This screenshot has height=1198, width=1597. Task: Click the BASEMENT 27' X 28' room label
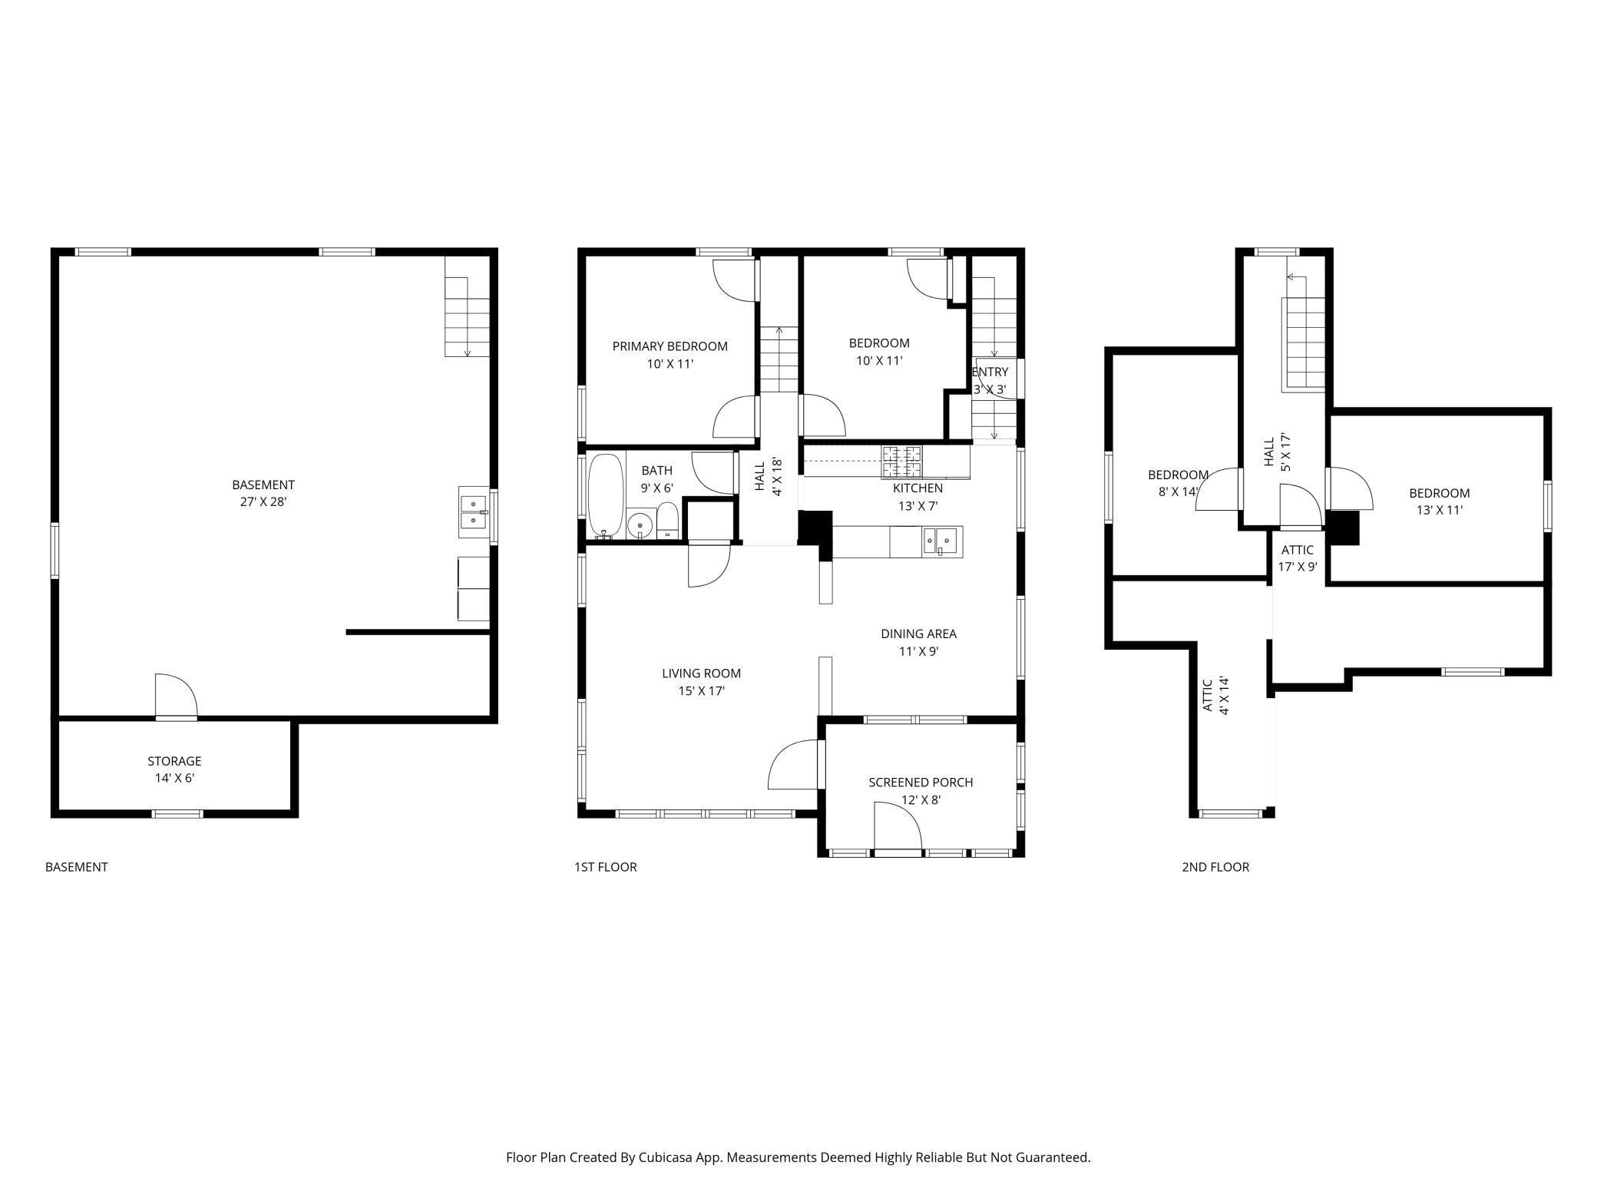(263, 493)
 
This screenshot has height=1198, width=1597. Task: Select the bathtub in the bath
(606, 496)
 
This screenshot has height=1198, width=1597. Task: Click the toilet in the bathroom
(668, 521)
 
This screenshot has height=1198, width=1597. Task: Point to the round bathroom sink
(639, 526)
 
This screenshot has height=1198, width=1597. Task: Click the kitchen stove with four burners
(901, 462)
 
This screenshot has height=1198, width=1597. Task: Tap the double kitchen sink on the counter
(941, 541)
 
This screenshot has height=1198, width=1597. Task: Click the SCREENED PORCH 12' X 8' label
(921, 790)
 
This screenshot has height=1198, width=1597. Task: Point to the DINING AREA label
(918, 642)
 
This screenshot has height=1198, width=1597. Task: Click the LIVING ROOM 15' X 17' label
(701, 682)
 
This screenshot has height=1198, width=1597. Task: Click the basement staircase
(467, 317)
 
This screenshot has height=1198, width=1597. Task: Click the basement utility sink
(473, 512)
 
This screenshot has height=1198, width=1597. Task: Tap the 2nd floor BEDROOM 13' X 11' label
(1439, 501)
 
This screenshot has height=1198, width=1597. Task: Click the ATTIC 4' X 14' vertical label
(1215, 695)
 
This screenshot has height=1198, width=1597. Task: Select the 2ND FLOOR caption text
(1215, 867)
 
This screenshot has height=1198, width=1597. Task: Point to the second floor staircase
(1304, 344)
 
